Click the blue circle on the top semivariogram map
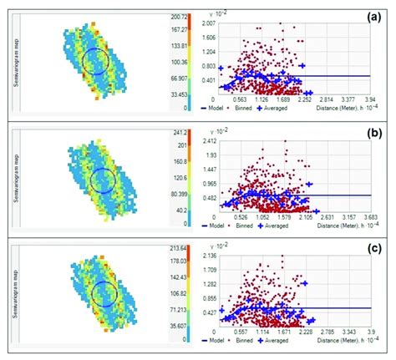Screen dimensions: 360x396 (96, 61)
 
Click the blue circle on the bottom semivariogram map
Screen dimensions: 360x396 (104, 293)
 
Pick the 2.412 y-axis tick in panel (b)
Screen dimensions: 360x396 (210, 141)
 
